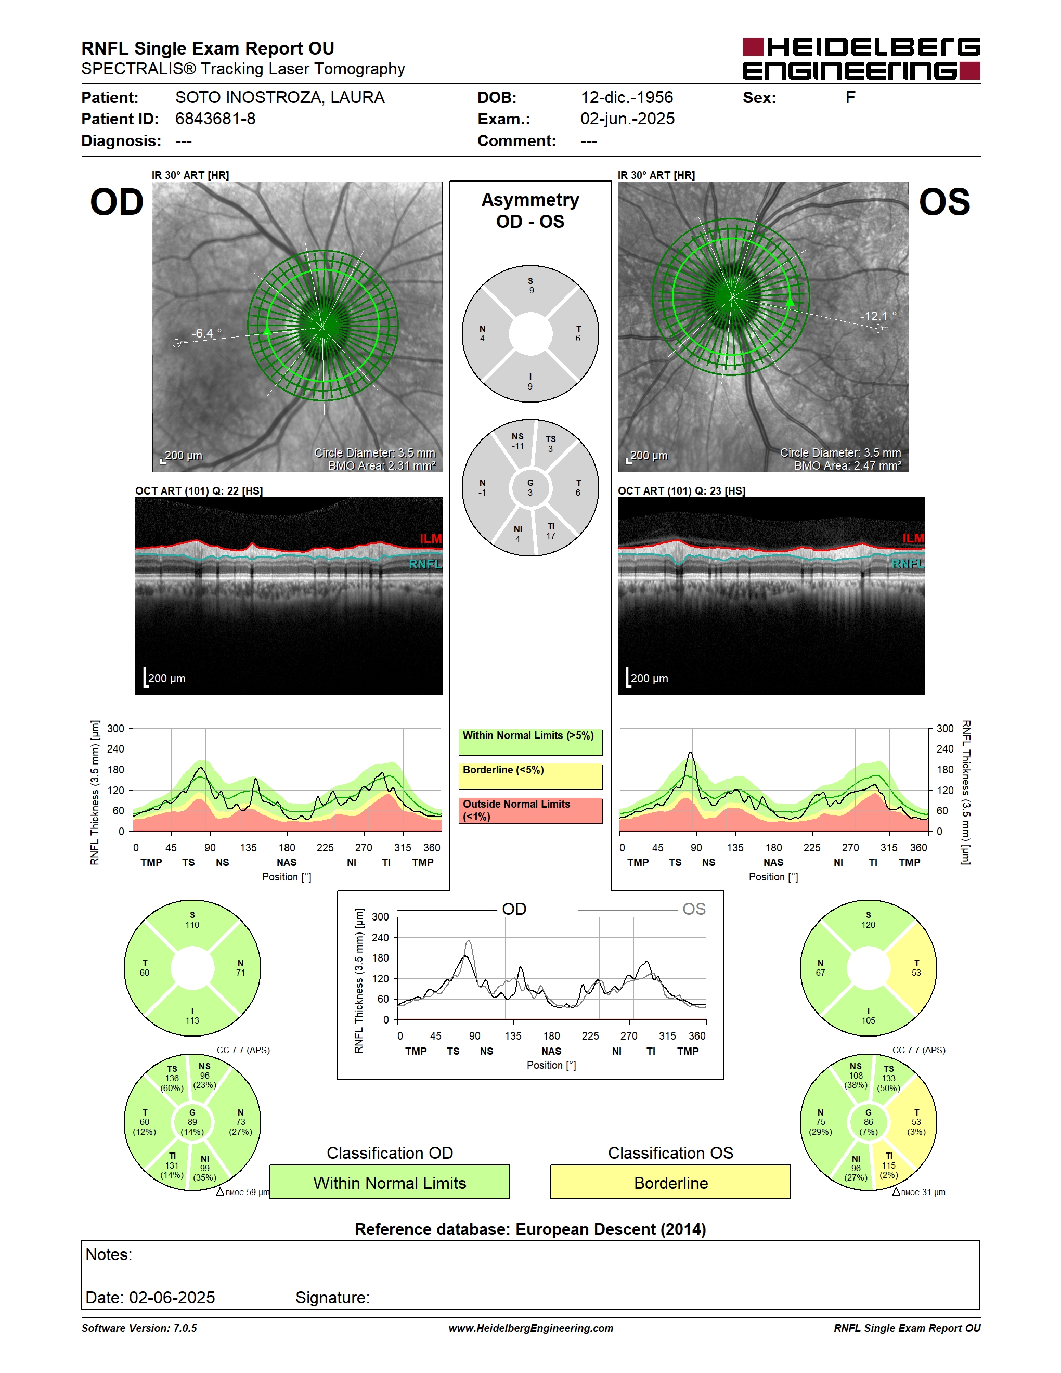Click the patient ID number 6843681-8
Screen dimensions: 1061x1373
(215, 119)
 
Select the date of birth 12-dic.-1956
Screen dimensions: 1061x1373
(626, 97)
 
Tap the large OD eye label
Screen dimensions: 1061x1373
(117, 202)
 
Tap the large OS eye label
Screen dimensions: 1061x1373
(944, 202)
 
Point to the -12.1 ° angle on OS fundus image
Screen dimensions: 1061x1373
(878, 316)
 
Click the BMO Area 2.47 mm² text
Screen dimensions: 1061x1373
(847, 466)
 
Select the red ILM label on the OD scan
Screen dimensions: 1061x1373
(431, 539)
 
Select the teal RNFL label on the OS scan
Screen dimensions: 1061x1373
(908, 564)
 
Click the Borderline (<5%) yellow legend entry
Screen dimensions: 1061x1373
(530, 776)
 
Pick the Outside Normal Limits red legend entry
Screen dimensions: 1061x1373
(530, 811)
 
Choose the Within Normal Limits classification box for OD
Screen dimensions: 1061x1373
(390, 1182)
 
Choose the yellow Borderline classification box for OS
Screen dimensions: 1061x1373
(671, 1182)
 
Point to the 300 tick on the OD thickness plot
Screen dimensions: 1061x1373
(115, 729)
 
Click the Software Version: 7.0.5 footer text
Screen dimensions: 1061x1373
(139, 1328)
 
